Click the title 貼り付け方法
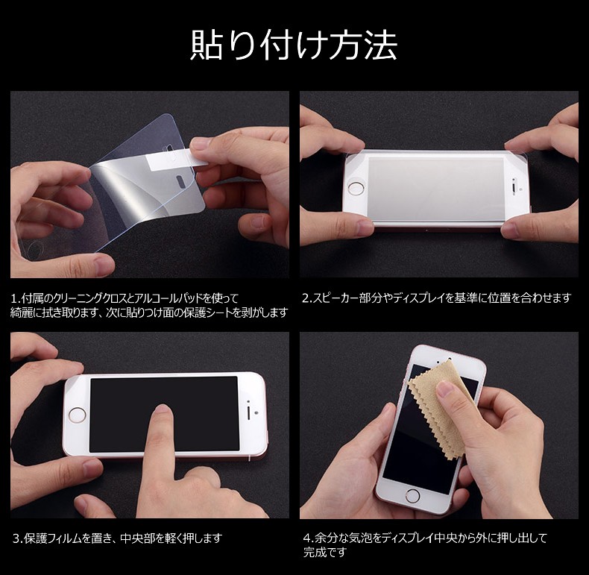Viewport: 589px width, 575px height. coord(293,45)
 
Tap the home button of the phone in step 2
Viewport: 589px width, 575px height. coord(356,188)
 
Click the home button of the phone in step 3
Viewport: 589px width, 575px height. coord(77,415)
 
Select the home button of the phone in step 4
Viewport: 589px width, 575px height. coord(412,495)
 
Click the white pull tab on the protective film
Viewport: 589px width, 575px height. coord(176,158)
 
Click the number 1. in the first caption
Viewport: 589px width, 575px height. coord(16,299)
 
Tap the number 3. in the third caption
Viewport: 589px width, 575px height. coord(18,539)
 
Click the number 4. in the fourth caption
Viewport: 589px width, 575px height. coord(309,538)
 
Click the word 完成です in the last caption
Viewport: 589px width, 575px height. coord(325,552)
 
